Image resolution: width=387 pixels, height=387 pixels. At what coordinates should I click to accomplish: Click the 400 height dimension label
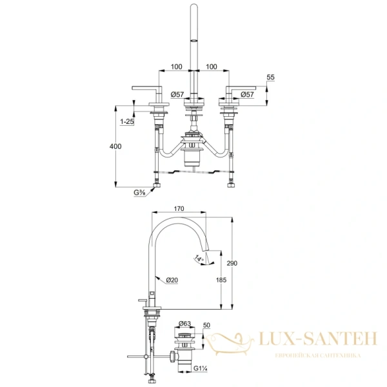coord(115,146)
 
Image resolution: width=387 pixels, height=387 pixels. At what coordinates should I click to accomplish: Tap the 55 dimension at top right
coord(270,77)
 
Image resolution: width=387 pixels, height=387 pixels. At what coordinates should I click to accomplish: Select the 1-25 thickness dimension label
coord(127,121)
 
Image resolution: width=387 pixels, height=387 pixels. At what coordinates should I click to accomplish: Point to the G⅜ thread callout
coord(139,192)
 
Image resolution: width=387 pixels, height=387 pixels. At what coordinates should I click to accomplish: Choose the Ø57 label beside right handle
coord(247,94)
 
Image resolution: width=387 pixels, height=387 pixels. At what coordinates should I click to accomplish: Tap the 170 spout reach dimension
coord(180,208)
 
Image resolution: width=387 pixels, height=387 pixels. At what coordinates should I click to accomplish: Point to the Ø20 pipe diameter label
coord(172,279)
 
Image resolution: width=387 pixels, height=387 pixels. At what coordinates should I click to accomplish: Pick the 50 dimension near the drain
coord(207,327)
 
